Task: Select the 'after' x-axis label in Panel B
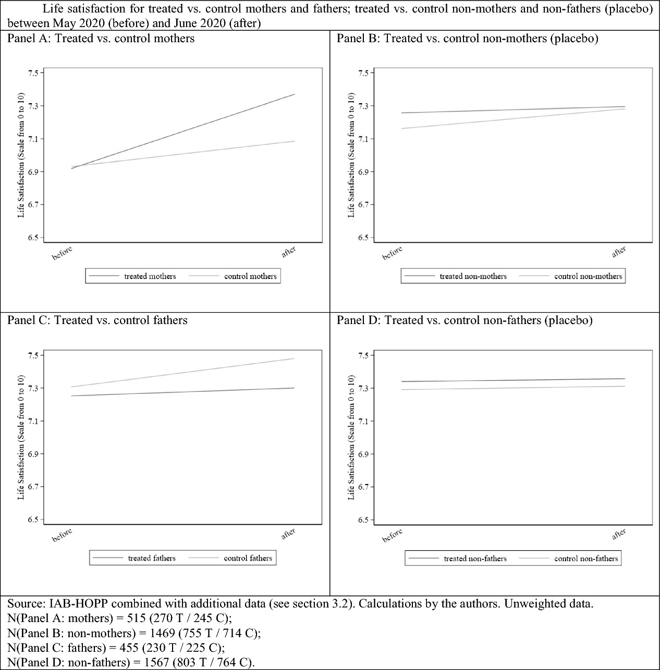coord(619,252)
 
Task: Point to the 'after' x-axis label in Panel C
coord(288,534)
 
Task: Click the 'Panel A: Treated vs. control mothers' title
coord(101,39)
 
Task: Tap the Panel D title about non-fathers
coord(465,320)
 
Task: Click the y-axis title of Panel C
coord(21,437)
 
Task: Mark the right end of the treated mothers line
coord(295,94)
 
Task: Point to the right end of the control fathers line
coord(295,358)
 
